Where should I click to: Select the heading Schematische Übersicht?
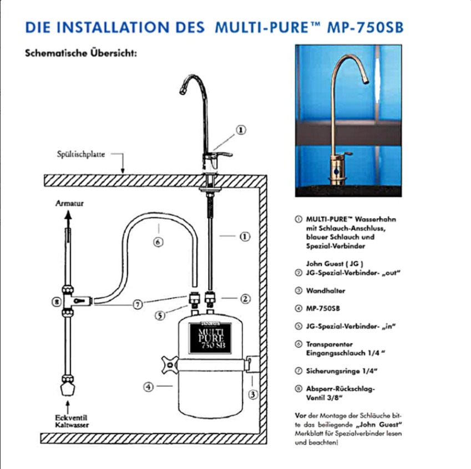80,55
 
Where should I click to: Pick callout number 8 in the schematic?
55,302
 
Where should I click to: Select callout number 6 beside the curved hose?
158,243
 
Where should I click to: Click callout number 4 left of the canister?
148,387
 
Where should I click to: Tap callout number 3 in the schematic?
253,395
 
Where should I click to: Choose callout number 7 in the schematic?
138,304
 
